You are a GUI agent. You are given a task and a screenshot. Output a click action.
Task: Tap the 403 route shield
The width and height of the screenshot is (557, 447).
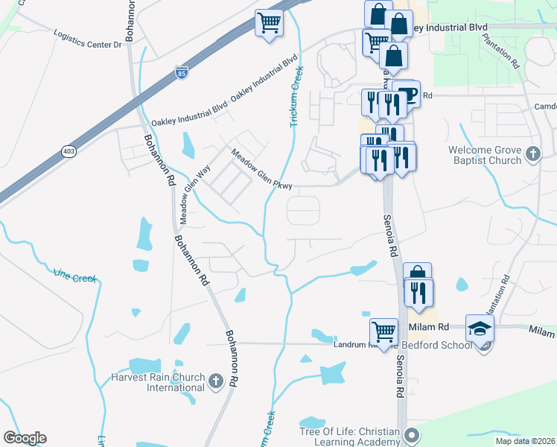click(x=69, y=152)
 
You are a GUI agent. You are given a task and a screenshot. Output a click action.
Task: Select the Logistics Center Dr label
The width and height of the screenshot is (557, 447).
click(x=88, y=39)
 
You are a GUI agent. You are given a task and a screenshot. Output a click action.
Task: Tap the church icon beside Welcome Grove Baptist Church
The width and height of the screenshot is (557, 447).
click(x=532, y=154)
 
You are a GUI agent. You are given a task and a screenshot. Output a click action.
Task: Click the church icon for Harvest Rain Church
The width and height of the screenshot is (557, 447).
click(x=215, y=382)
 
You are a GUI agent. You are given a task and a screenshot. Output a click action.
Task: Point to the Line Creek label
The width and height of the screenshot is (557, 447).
click(x=75, y=276)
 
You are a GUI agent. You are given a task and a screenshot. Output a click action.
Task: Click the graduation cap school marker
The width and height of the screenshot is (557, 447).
click(x=480, y=328)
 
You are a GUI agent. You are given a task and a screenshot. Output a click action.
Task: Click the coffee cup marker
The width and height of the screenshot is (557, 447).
click(x=407, y=93)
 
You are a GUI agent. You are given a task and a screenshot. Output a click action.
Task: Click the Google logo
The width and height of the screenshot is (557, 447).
click(x=25, y=438)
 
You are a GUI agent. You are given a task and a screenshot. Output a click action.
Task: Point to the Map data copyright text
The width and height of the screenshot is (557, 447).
click(x=525, y=441)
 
